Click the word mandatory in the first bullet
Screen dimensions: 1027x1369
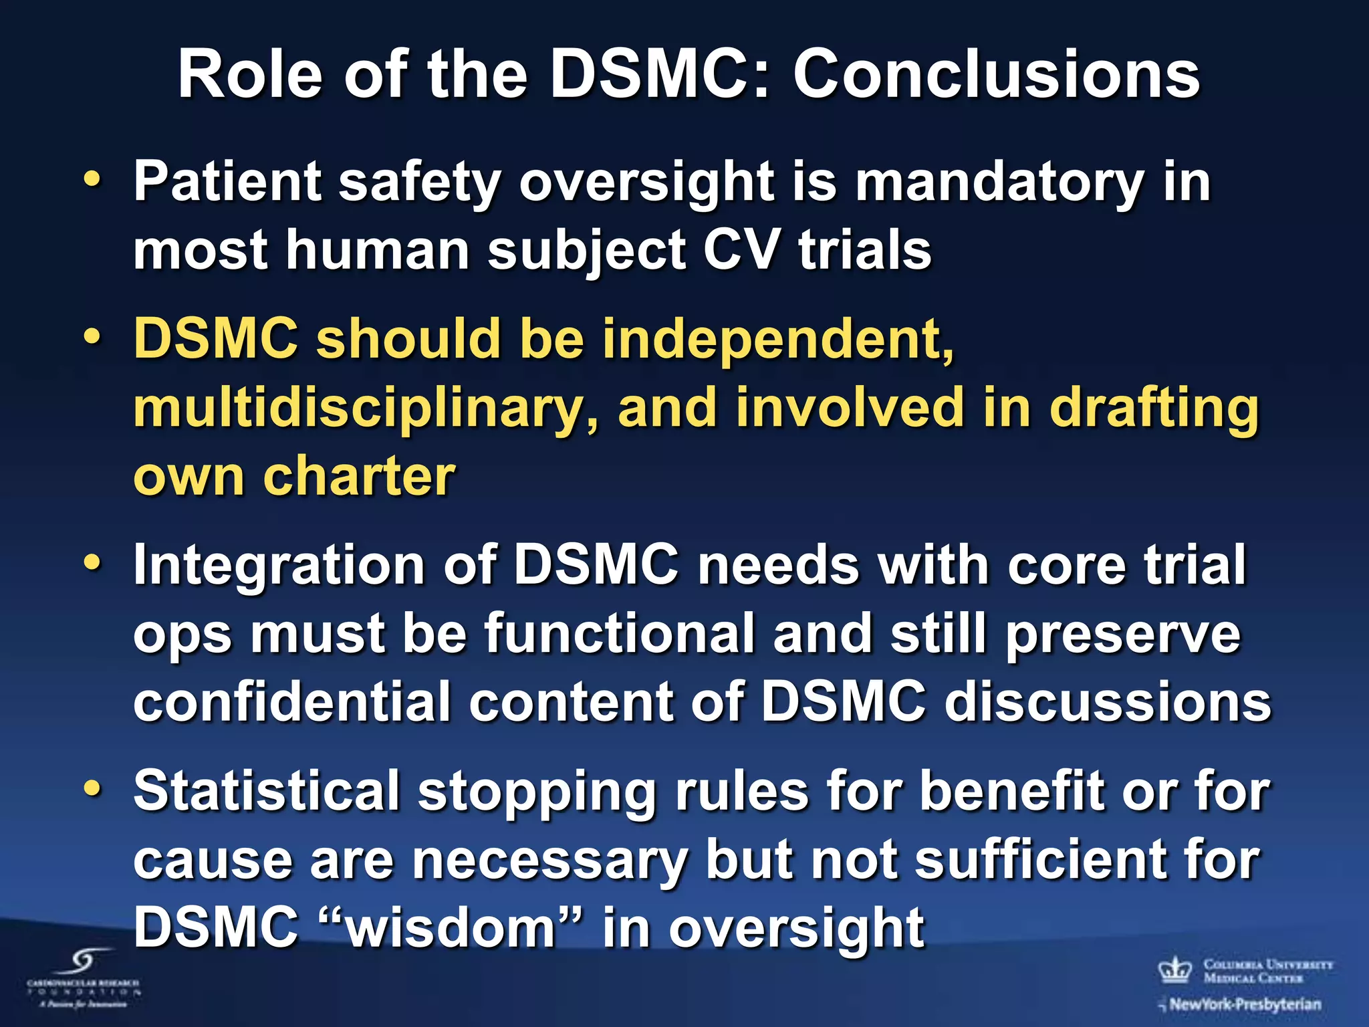pyautogui.click(x=999, y=182)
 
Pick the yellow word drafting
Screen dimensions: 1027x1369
pyautogui.click(x=1154, y=409)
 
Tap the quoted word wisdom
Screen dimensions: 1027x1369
pyautogui.click(x=452, y=928)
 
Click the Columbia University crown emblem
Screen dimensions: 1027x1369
pyautogui.click(x=1175, y=970)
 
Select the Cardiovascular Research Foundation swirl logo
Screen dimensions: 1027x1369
pyautogui.click(x=84, y=963)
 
